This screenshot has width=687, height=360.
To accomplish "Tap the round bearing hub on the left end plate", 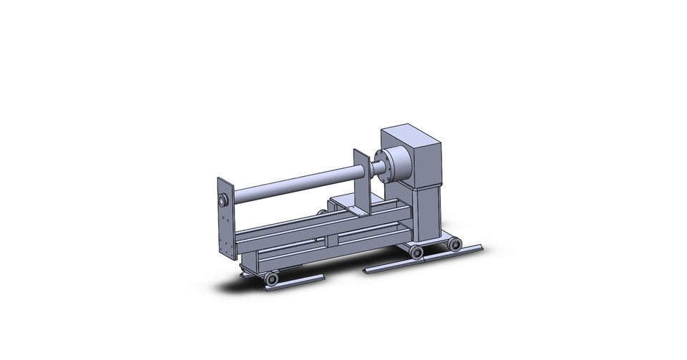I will click(x=223, y=198).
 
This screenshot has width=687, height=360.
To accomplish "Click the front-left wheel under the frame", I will click(x=271, y=278).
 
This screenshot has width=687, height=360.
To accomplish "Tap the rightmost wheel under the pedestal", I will click(x=454, y=244).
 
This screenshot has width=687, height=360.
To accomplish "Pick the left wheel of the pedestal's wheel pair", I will click(x=416, y=252).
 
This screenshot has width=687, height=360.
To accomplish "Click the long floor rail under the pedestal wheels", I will click(x=422, y=260).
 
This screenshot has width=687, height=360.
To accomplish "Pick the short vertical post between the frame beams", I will click(x=331, y=240).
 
